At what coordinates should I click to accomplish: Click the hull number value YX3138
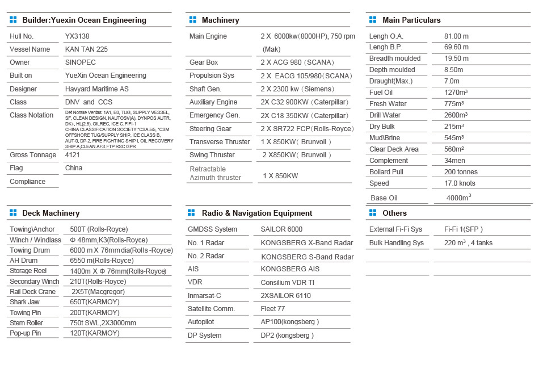[x=77, y=36]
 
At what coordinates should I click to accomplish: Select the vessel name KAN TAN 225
[x=86, y=49]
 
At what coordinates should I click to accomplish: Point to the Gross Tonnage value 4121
[x=73, y=155]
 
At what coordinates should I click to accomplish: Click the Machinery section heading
[x=220, y=20]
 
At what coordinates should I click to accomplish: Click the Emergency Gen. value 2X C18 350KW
[x=304, y=115]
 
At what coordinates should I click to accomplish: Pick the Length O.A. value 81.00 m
[x=456, y=36]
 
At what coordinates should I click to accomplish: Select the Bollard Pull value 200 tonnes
[x=461, y=172]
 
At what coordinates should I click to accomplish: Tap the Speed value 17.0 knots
[x=460, y=183]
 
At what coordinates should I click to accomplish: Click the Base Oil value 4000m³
[x=459, y=198]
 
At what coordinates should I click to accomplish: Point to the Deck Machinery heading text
[x=50, y=213]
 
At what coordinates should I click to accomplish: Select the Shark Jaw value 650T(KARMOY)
[x=94, y=302]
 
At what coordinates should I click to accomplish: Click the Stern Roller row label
[x=26, y=323]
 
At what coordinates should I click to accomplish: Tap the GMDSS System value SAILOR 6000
[x=281, y=229]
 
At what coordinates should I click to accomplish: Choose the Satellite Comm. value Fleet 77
[x=273, y=309]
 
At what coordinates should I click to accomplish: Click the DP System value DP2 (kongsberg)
[x=287, y=336]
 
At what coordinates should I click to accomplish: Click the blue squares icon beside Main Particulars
[x=372, y=20]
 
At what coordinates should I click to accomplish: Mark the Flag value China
[x=74, y=168]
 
